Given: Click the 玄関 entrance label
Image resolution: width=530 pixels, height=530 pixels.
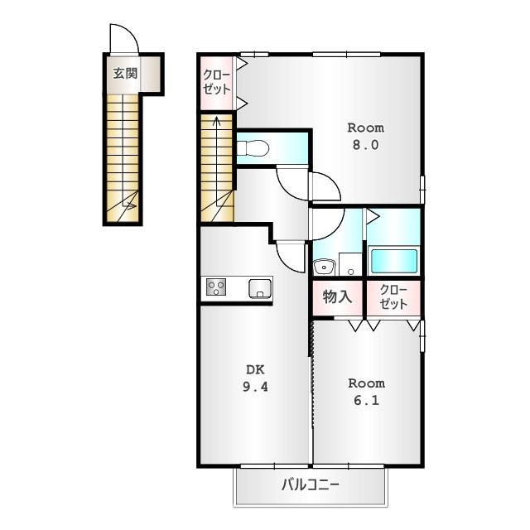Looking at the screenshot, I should (x=125, y=73).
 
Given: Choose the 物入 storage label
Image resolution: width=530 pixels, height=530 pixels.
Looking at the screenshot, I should (x=337, y=296).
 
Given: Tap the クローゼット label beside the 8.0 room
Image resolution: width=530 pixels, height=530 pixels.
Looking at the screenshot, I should (x=216, y=81).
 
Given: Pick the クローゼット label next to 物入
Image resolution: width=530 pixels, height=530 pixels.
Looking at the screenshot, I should (x=393, y=297).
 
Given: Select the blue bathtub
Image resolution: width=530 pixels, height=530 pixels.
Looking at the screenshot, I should (x=393, y=260).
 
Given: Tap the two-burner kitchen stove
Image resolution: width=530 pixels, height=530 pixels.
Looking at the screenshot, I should (x=217, y=287).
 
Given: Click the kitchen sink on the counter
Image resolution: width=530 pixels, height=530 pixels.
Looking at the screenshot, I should (x=259, y=288).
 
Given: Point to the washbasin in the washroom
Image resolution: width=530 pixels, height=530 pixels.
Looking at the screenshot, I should (x=322, y=266).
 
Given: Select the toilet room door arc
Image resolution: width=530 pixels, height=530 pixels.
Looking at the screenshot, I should (x=291, y=181).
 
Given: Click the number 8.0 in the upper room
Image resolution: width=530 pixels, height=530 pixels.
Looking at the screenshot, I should (x=365, y=144).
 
